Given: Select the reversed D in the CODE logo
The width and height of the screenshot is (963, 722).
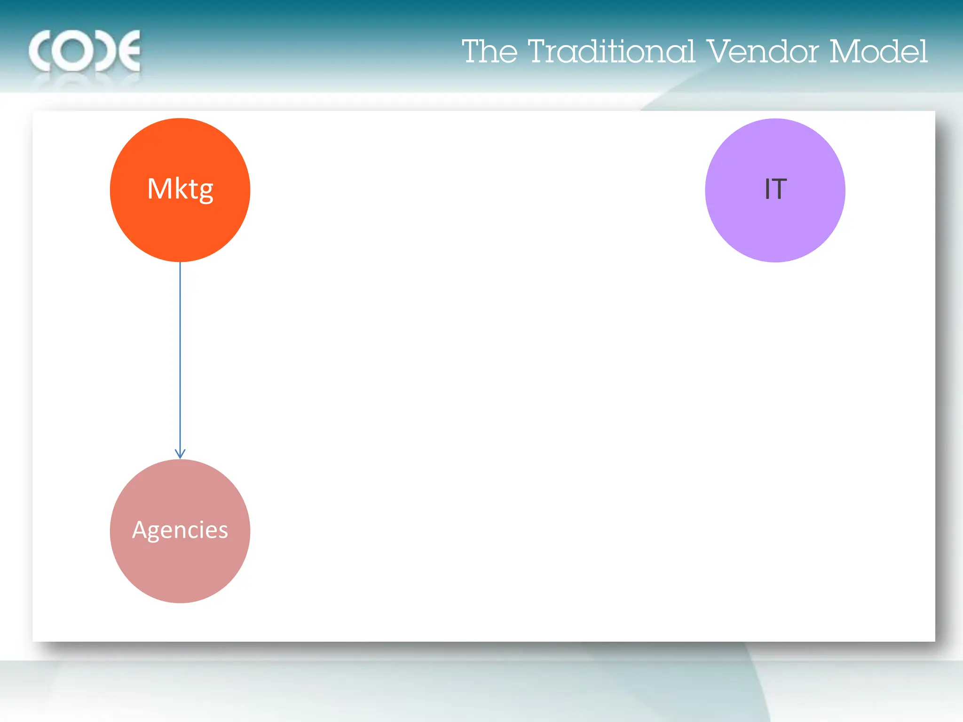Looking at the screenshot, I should pyautogui.click(x=106, y=51).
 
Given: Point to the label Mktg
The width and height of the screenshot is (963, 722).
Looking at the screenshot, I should pyautogui.click(x=180, y=189).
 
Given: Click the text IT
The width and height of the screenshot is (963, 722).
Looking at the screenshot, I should pyautogui.click(x=775, y=189).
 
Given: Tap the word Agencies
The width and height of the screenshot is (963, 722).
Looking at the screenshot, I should pyautogui.click(x=180, y=530).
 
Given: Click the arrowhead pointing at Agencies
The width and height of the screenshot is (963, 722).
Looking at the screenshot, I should pyautogui.click(x=180, y=454).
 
